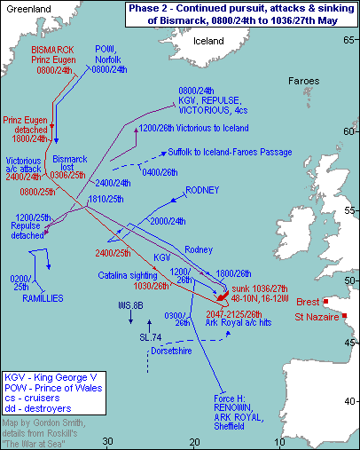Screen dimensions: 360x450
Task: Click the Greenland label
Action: coord(28,9)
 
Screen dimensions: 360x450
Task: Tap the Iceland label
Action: coord(208,41)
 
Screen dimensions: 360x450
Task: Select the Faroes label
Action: coord(303,81)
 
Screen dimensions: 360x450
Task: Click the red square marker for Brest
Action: coord(325,302)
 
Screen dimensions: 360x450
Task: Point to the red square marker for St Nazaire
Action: coord(345,316)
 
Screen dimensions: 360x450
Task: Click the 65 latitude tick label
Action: coord(348,40)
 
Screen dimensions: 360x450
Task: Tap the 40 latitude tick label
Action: coord(349,401)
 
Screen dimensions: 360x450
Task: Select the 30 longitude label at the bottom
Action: coord(108,441)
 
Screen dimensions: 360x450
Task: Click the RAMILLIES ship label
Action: coord(43,298)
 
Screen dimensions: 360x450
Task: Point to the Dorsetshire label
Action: coord(171,351)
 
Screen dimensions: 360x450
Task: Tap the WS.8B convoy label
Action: coord(130,305)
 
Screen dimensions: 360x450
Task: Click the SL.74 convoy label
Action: coord(151,337)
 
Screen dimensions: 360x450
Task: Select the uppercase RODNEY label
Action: coord(202,190)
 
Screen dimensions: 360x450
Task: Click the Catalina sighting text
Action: coord(128,275)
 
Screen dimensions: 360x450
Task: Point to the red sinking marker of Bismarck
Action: coord(223,296)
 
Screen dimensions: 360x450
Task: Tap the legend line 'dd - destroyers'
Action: coord(38,408)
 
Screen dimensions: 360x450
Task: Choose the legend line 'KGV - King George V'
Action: coord(51,377)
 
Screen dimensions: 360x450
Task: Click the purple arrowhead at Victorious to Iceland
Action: coord(137,130)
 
